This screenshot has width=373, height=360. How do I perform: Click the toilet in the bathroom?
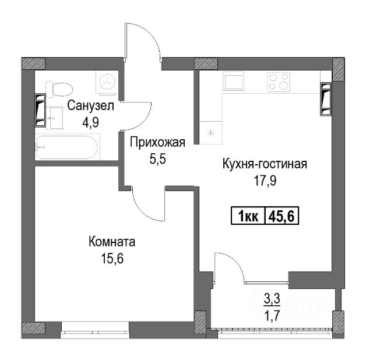coord(59,90)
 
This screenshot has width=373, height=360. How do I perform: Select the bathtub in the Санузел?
coord(68,147)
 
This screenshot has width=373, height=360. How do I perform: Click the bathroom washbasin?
coord(55,118)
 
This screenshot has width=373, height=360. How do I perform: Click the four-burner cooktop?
coord(279,82)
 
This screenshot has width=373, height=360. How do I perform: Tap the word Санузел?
coord(91,106)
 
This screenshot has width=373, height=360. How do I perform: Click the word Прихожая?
coord(157,143)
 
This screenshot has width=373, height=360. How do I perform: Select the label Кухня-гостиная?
coord(265,164)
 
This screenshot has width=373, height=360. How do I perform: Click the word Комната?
coord(112,242)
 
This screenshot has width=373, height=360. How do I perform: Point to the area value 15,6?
coord(112,259)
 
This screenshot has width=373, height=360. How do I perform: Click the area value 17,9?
coord(265,181)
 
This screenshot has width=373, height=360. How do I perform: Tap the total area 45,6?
coord(281,216)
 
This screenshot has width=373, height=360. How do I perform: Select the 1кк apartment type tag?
coord(248,216)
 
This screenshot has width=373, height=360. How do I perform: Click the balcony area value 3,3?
coord(272,299)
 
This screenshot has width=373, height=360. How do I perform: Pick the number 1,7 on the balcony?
coord(272,316)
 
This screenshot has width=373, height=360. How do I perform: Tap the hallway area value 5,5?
coord(157,159)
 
